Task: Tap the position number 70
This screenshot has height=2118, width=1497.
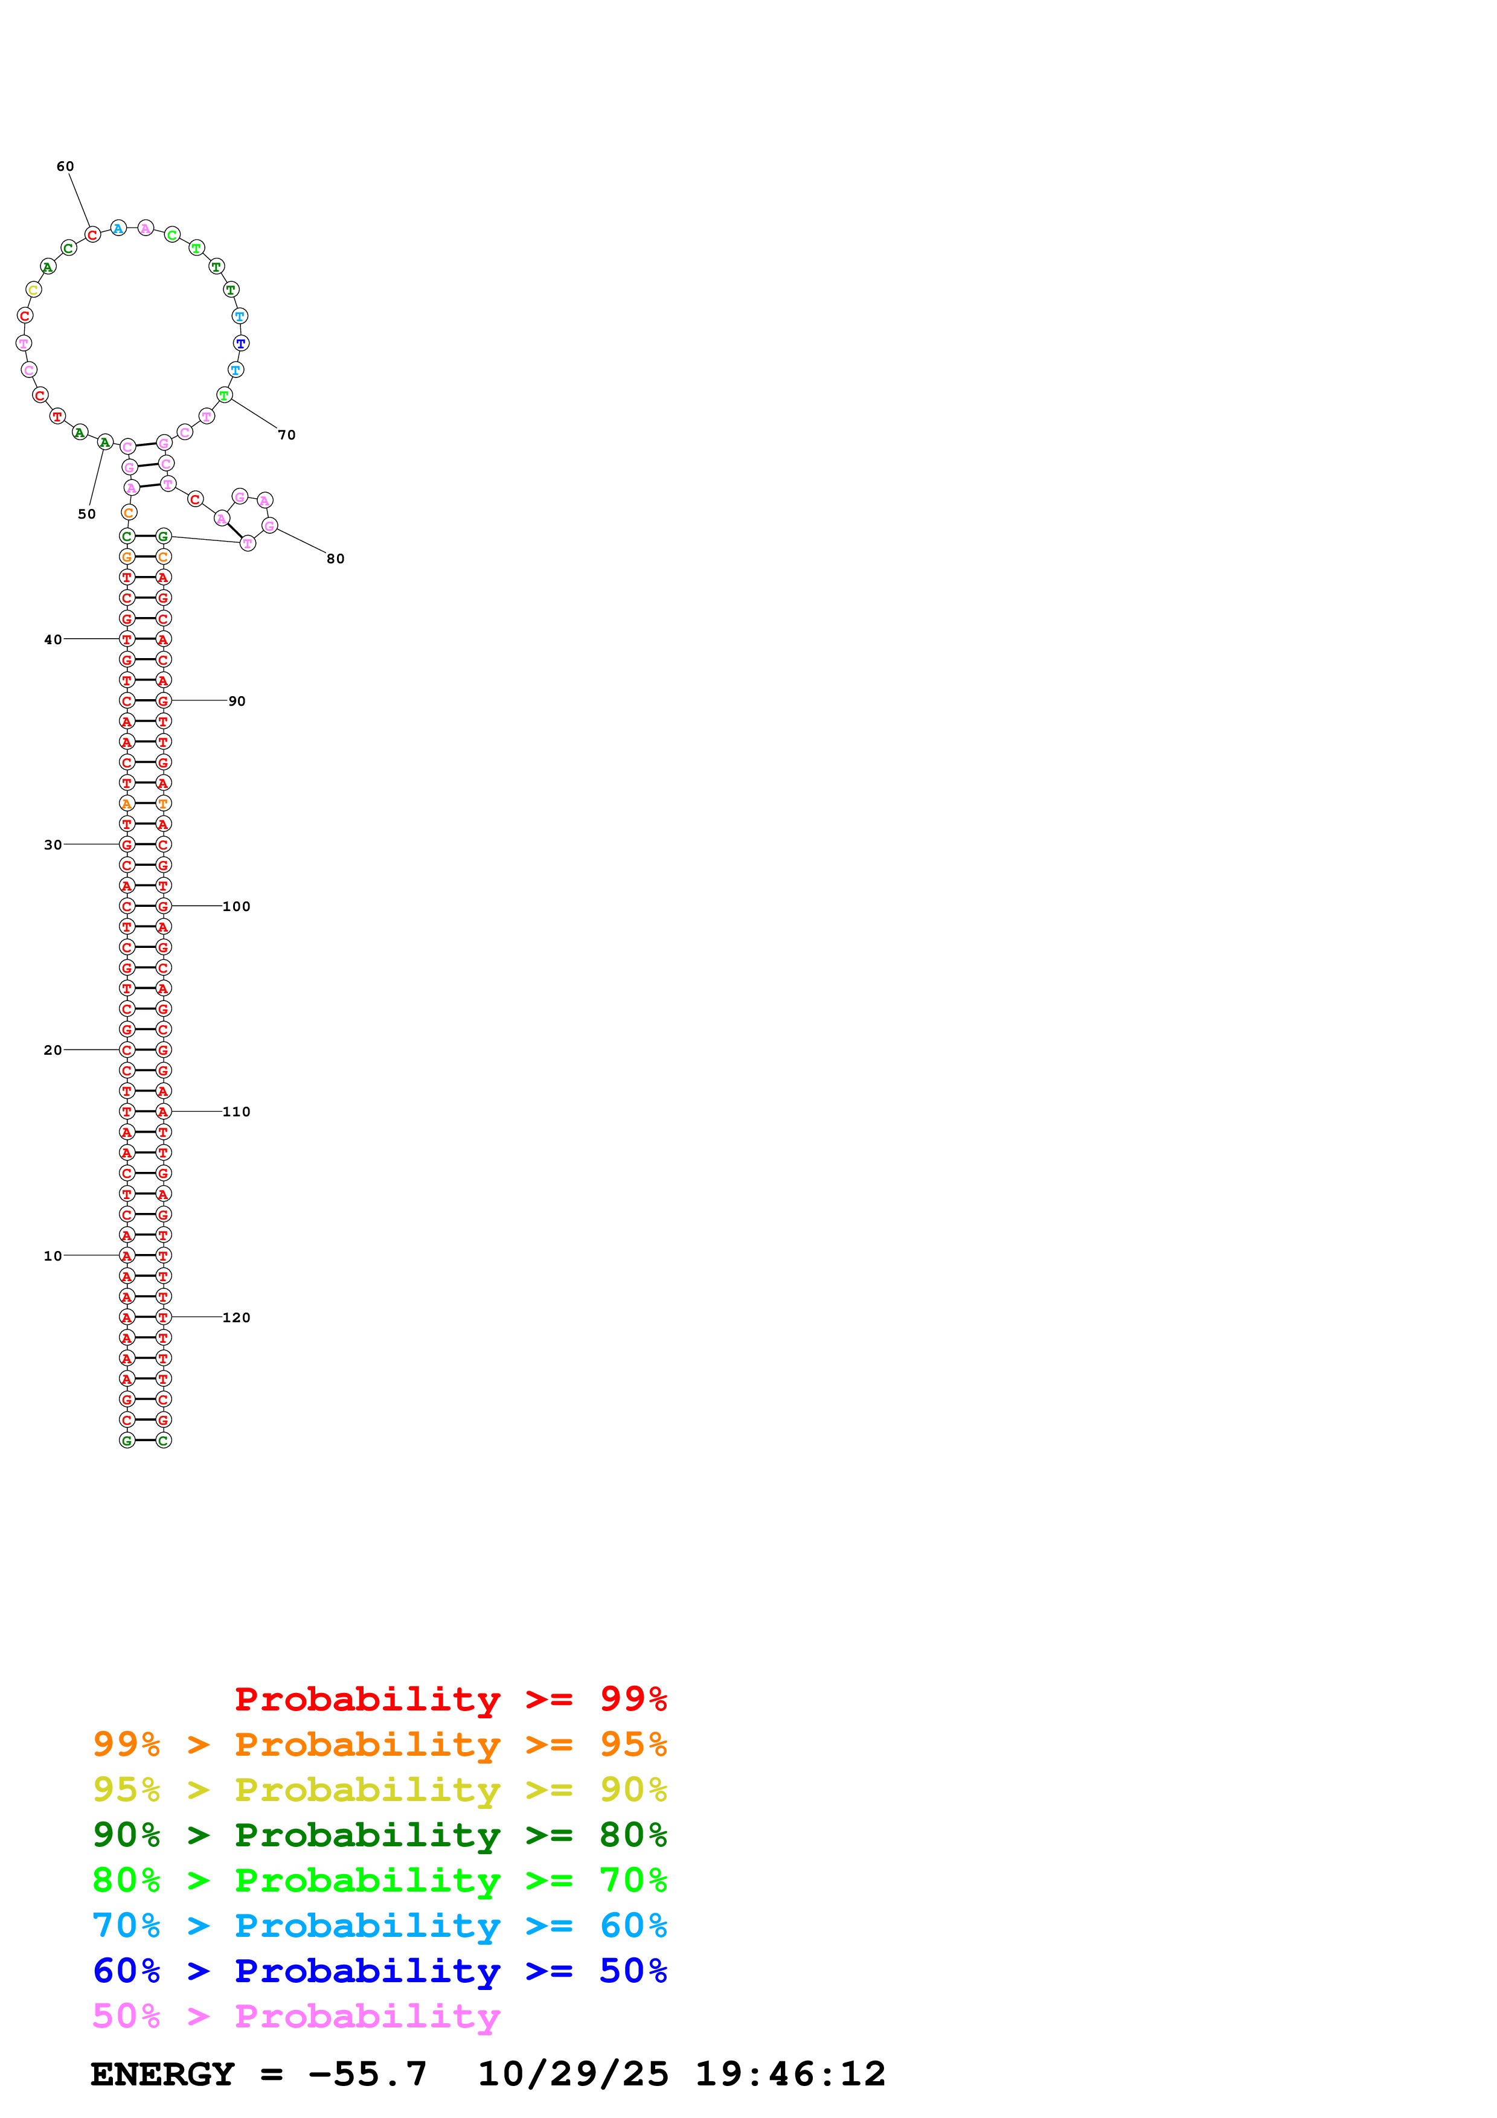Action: tap(287, 435)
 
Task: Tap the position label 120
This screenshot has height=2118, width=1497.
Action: tap(236, 1318)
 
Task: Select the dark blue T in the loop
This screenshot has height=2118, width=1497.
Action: tap(241, 343)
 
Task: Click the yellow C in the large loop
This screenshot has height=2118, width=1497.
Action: tap(33, 290)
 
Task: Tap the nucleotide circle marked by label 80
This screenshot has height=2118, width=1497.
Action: tap(269, 526)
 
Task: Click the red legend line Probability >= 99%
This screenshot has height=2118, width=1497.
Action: tap(450, 1699)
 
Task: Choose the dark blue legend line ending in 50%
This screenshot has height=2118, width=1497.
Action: tap(379, 1971)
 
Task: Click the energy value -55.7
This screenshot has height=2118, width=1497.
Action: tap(367, 2074)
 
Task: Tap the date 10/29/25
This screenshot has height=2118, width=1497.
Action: tap(573, 2074)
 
